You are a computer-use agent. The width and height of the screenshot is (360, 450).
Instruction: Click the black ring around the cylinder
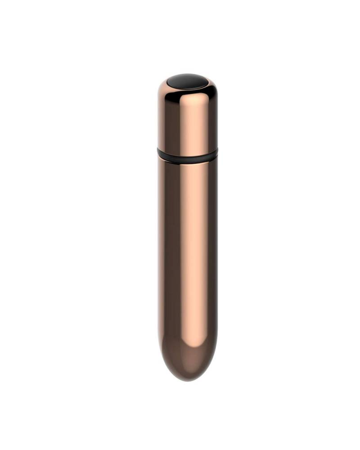188,156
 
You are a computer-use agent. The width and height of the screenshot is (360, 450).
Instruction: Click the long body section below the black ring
188,252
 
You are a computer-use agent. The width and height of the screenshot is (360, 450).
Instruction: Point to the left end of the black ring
158,153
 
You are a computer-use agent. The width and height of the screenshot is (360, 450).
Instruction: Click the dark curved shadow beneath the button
188,90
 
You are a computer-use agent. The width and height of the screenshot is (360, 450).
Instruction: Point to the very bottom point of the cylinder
188,381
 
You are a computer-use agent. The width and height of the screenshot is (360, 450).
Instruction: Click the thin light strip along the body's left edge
159,252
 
